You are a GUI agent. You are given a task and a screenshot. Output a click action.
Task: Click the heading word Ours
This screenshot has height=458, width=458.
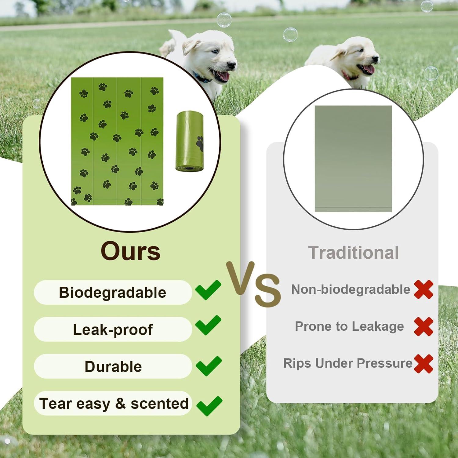click(x=130, y=251)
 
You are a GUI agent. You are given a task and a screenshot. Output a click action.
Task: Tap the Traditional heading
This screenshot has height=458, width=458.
click(x=353, y=253)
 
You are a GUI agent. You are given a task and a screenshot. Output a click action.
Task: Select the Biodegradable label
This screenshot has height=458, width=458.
click(x=112, y=293)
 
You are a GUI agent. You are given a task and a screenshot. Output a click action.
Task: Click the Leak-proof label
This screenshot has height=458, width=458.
click(x=113, y=329)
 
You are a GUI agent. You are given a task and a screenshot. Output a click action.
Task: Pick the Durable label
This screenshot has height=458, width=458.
click(x=113, y=366)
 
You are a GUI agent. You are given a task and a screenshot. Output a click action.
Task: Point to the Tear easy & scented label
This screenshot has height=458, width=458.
click(x=114, y=403)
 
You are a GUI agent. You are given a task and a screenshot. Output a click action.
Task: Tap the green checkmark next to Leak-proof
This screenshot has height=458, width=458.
click(x=208, y=325)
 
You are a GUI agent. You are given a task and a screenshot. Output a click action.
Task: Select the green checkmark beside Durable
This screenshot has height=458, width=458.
click(x=209, y=366)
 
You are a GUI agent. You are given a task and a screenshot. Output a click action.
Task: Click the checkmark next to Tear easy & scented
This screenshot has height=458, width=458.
click(x=209, y=406)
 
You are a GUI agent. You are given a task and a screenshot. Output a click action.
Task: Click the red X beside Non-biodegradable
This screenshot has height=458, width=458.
click(x=423, y=289)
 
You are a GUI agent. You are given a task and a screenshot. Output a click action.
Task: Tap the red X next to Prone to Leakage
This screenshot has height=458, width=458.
click(x=423, y=326)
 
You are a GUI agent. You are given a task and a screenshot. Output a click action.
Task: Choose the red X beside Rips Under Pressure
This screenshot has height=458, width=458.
click(x=423, y=364)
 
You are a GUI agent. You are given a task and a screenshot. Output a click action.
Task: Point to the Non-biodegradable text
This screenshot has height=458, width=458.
click(x=351, y=289)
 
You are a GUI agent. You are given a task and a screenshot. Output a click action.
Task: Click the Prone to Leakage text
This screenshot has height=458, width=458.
click(x=349, y=326)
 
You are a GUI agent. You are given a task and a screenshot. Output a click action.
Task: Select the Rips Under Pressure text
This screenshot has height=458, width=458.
click(x=348, y=363)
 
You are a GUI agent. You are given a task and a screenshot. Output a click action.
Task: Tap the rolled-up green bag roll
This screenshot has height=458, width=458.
click(x=190, y=141)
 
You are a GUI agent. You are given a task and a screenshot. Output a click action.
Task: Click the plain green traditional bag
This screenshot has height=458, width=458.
click(x=353, y=158)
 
